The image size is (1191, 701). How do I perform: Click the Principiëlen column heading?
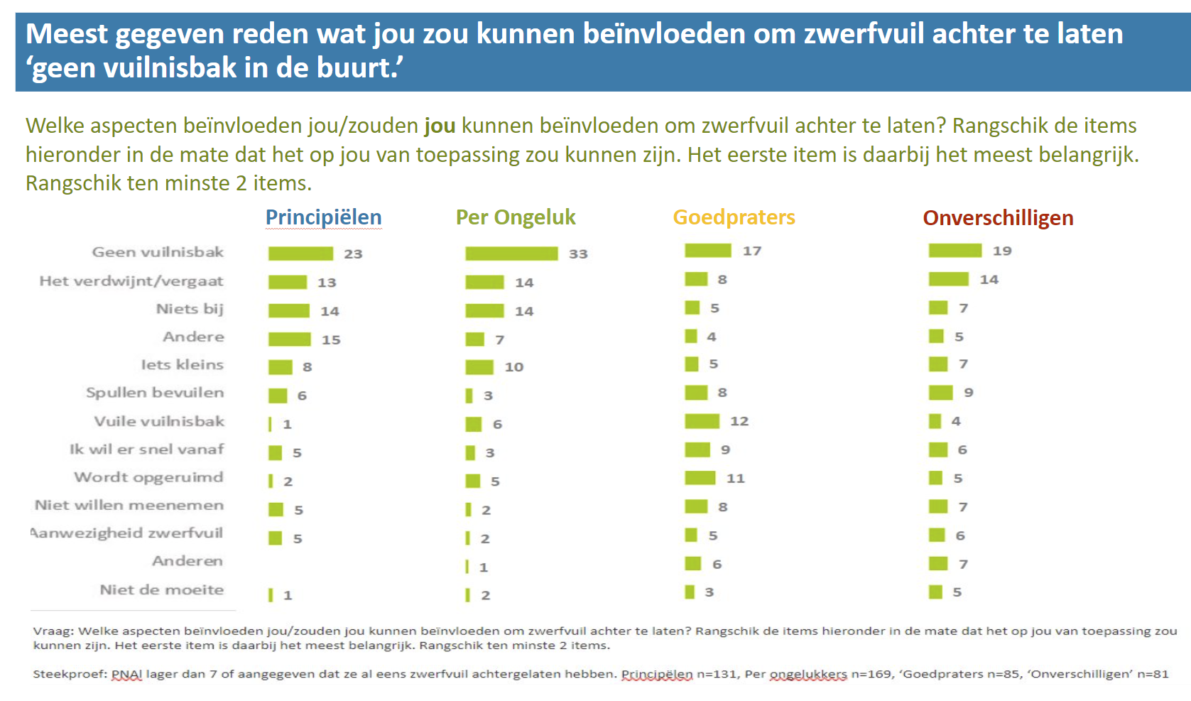click(323, 217)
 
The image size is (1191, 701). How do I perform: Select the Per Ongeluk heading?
click(515, 217)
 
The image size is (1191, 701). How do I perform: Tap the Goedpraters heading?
click(734, 217)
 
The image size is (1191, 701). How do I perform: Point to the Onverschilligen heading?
click(997, 218)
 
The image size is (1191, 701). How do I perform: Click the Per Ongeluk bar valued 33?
click(511, 254)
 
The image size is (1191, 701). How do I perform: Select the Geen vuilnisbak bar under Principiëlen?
click(300, 254)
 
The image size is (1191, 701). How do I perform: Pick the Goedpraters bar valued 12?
click(702, 421)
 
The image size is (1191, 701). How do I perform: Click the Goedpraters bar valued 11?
click(700, 478)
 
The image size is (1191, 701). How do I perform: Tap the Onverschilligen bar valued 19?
click(955, 251)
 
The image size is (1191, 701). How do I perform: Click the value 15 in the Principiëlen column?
click(331, 339)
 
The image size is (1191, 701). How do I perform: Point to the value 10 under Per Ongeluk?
click(513, 367)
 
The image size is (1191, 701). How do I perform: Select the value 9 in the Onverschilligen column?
click(968, 393)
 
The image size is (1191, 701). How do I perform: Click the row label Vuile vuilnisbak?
click(159, 421)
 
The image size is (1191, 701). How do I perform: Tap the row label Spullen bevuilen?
click(155, 393)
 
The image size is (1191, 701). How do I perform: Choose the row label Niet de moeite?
click(161, 589)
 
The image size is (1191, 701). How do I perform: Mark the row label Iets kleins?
click(182, 364)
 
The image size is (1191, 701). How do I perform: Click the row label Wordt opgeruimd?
click(148, 477)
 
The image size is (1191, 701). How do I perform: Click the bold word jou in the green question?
click(440, 126)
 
